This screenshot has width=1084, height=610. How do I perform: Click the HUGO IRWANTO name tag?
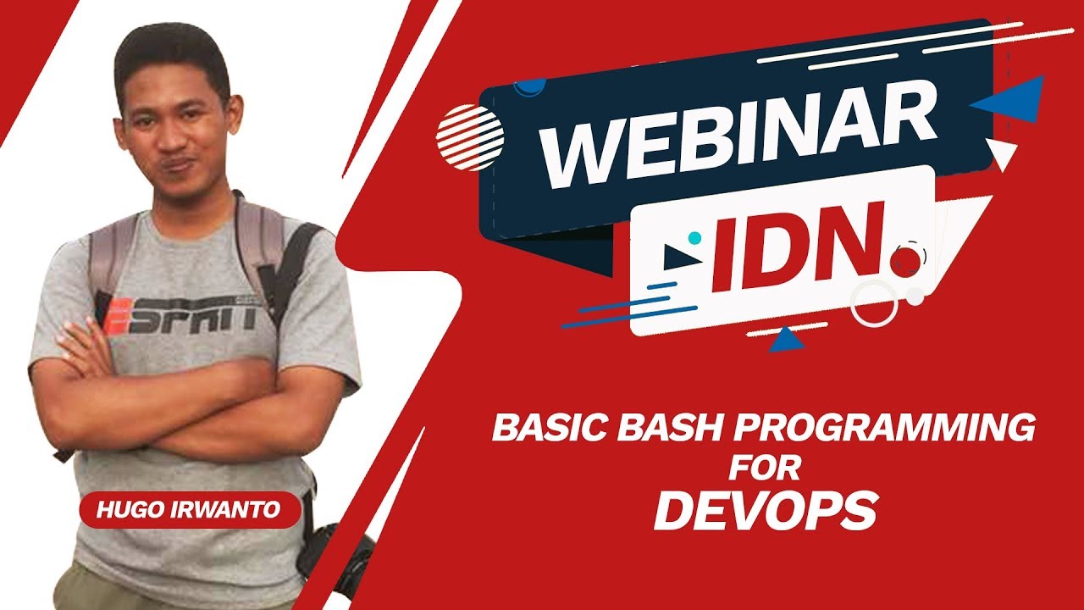point(191,509)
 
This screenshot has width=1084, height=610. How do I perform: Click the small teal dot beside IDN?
point(694,238)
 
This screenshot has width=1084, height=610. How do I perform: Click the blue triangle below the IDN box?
point(788,339)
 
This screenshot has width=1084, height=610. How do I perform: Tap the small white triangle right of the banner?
point(1004,155)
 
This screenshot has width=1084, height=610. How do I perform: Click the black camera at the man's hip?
point(335,555)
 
